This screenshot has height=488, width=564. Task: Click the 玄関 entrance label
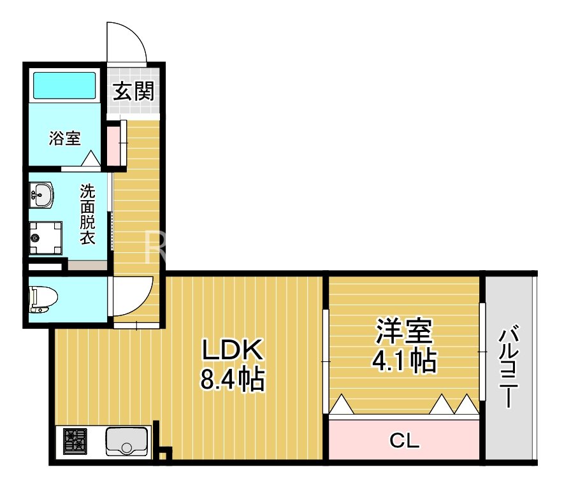[x=133, y=91]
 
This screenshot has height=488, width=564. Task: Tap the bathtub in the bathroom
[x=65, y=85]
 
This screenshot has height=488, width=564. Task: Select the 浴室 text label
[x=65, y=138]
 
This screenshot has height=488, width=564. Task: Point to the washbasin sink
[x=41, y=194]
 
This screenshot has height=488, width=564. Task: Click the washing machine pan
[x=46, y=238]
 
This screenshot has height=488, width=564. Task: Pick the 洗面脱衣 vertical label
[x=87, y=214]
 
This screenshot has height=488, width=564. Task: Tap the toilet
[x=43, y=299]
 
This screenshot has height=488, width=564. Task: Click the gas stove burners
[x=75, y=441]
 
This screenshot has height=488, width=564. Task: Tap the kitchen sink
[x=127, y=442]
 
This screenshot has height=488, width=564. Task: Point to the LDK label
[x=232, y=350]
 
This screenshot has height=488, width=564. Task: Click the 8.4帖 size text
[x=233, y=378]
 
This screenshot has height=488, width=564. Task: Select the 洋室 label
[x=404, y=331]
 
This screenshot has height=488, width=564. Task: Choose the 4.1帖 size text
[x=404, y=360]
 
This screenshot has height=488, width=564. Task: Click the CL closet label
[x=404, y=440]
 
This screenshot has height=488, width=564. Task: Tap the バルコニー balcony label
[x=509, y=366]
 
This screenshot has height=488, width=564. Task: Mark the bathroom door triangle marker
[x=90, y=158]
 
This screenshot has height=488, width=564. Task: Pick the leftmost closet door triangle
[x=342, y=405]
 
